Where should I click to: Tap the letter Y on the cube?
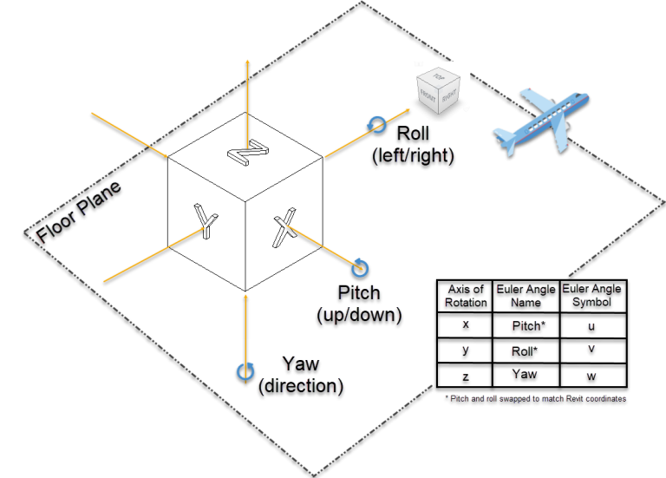[206, 221]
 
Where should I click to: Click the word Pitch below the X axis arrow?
[359, 293]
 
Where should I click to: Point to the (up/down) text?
[359, 313]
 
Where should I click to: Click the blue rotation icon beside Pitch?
[360, 267]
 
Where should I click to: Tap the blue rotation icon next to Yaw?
[245, 371]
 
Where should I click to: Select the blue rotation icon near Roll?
[376, 125]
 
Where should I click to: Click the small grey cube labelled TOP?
[439, 91]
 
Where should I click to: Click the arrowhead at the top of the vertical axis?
[248, 62]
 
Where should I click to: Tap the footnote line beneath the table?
[534, 397]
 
